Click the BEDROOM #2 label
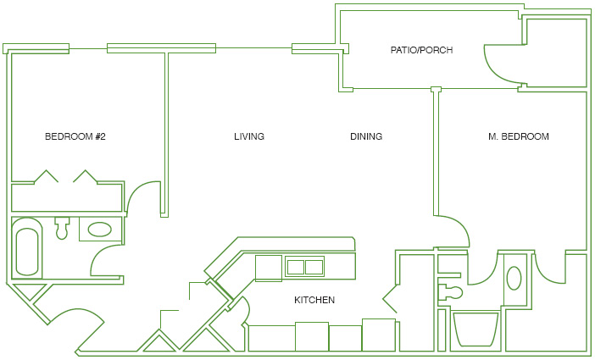point(75,136)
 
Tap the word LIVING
point(249,136)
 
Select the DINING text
point(366,136)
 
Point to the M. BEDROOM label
point(519,136)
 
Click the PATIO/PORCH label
point(421,50)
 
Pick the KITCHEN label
point(314,300)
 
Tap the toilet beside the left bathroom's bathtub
point(62,228)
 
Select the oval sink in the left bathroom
point(100,229)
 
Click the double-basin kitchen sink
point(305,267)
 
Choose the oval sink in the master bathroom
point(514,278)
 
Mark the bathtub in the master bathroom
point(475,329)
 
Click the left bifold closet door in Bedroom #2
point(47,176)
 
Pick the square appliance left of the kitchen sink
point(269,269)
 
